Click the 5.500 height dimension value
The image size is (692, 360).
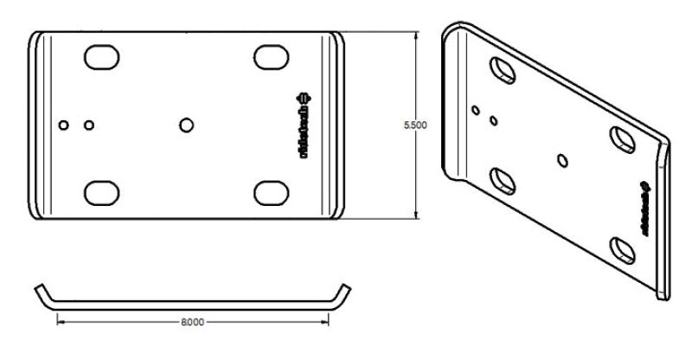click(x=416, y=125)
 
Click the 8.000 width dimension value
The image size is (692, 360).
click(x=192, y=322)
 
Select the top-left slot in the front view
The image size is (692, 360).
click(x=102, y=56)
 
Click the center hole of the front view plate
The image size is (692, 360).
click(x=186, y=125)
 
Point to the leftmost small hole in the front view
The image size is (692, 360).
click(x=62, y=125)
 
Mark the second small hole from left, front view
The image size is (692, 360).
click(x=88, y=125)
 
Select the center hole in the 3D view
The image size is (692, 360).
click(x=563, y=159)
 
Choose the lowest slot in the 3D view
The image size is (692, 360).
click(x=622, y=250)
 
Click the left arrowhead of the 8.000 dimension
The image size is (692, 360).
click(x=60, y=322)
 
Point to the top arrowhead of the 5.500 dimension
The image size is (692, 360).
click(x=416, y=37)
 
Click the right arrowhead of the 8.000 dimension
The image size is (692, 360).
click(x=326, y=322)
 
